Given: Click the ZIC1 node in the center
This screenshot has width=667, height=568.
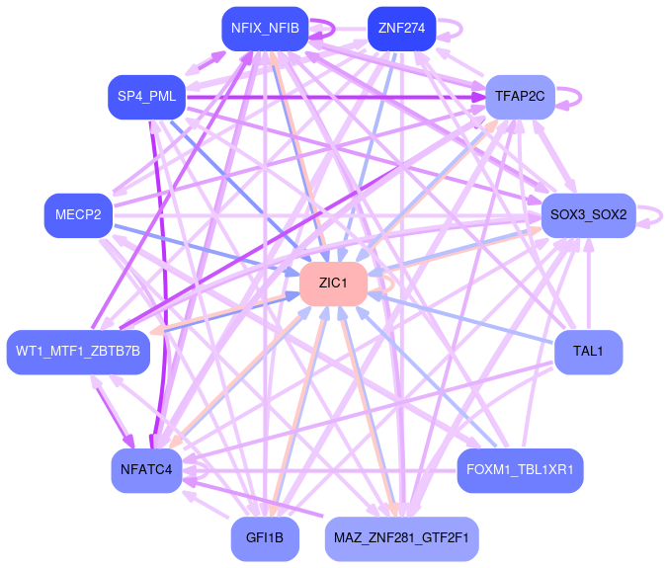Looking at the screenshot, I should [x=333, y=284].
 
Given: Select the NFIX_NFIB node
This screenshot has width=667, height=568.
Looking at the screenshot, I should [x=265, y=28].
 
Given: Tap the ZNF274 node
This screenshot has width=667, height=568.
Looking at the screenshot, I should [x=401, y=28].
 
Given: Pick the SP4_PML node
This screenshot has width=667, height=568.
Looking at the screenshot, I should [x=146, y=96].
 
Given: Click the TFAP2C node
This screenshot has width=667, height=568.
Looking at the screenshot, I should [x=521, y=96].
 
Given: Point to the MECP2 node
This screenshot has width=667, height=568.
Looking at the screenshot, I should [x=78, y=215].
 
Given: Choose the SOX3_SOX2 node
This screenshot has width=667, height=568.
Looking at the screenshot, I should [x=588, y=214].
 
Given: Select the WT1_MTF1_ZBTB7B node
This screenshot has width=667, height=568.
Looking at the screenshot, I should [x=78, y=351].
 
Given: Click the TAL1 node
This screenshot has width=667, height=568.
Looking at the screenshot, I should [x=588, y=352].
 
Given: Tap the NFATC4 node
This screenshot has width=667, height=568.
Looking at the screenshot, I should [x=146, y=469].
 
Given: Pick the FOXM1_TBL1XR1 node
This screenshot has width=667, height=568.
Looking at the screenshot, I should [x=520, y=469].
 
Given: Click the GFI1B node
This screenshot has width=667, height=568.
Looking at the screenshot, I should [x=265, y=538].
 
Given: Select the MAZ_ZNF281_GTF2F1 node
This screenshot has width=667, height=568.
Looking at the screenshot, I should [x=401, y=538].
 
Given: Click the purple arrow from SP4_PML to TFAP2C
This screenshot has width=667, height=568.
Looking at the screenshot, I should [x=336, y=97].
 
